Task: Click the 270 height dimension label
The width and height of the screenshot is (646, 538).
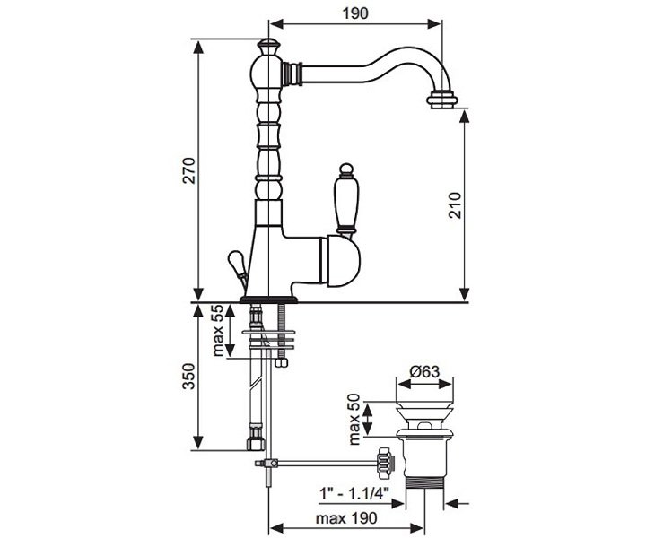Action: click(x=189, y=170)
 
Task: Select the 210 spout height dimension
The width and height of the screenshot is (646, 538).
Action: click(x=455, y=205)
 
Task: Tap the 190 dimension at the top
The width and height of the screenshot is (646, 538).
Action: click(x=355, y=13)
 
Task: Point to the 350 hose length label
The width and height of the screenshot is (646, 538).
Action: click(x=189, y=377)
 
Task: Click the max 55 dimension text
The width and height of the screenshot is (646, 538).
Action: click(x=217, y=331)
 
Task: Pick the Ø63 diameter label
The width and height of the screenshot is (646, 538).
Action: click(x=424, y=372)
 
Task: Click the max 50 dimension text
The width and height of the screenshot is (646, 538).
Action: click(x=354, y=420)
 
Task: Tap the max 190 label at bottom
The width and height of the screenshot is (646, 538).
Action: click(x=346, y=518)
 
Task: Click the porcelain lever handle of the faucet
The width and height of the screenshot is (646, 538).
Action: click(x=346, y=201)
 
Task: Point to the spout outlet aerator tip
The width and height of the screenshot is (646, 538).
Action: click(x=441, y=100)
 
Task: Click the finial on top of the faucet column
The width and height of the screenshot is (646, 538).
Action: click(x=267, y=47)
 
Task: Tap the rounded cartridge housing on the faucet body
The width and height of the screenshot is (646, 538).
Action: click(x=343, y=261)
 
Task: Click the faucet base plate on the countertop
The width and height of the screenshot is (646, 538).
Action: click(x=268, y=299)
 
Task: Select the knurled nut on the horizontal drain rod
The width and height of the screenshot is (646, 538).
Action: click(x=384, y=463)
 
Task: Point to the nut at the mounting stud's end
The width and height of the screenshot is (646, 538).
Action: click(x=282, y=362)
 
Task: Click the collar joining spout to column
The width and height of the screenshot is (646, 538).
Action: click(x=292, y=74)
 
